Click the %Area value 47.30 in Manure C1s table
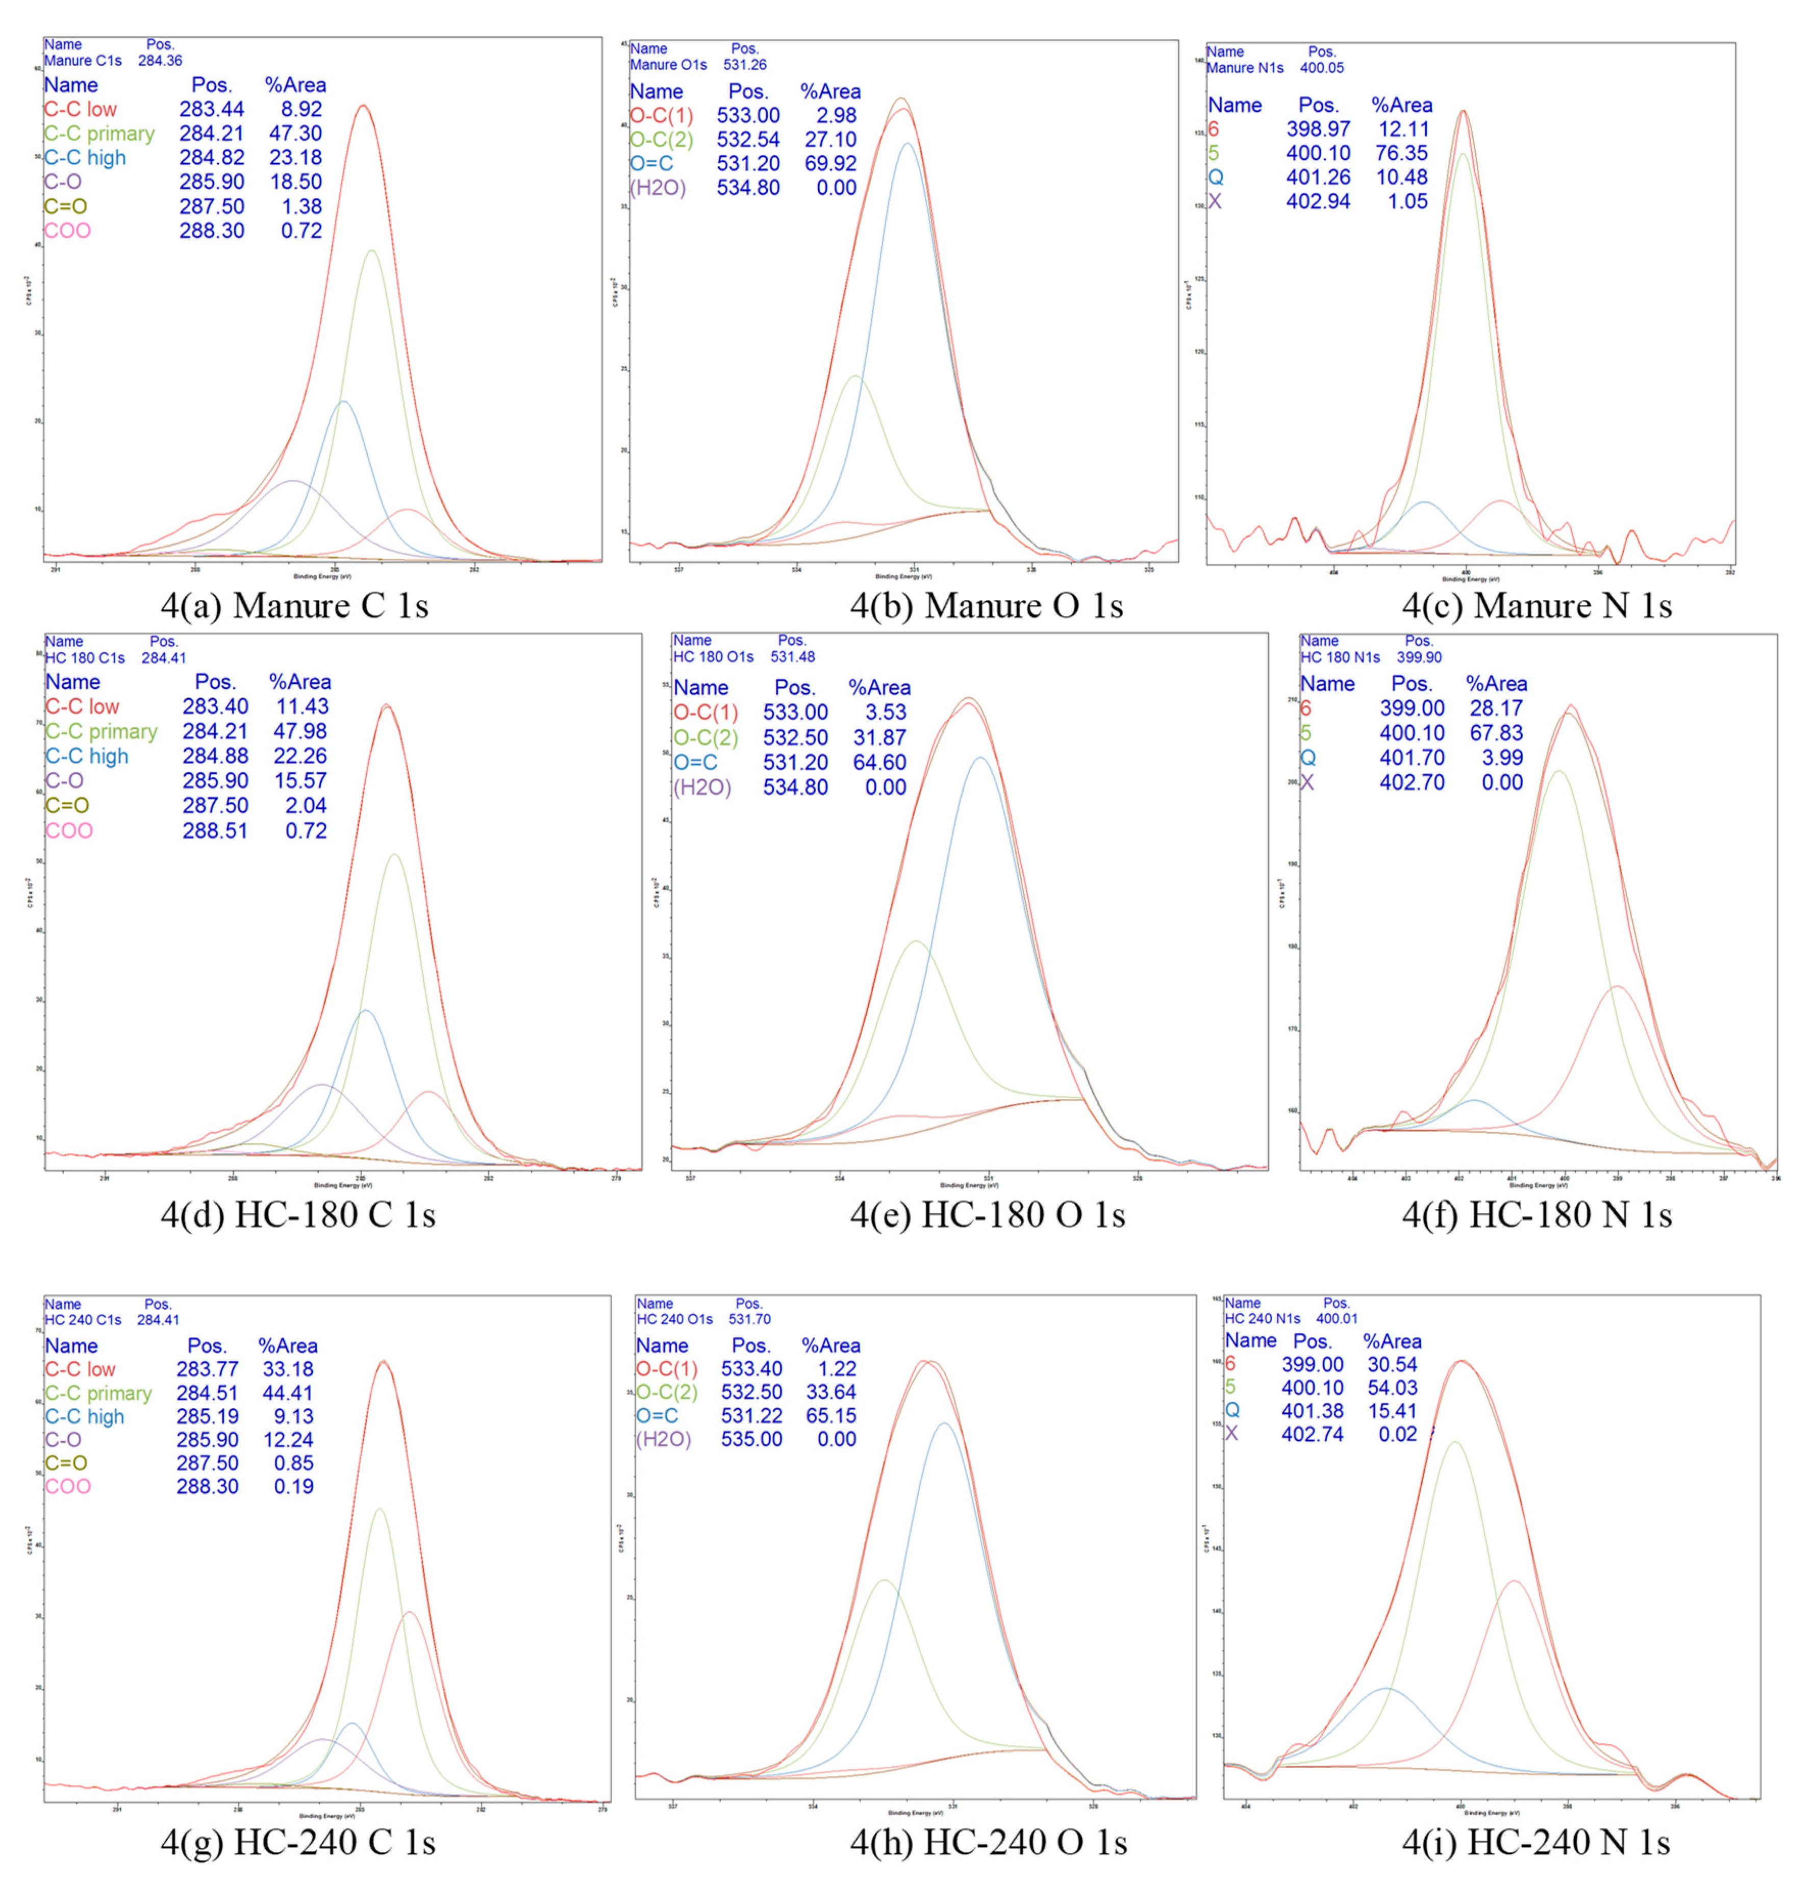295,134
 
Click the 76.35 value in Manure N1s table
1401,153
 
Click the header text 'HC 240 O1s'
674,1319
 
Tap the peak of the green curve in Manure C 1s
371,251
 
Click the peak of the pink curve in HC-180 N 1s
1617,987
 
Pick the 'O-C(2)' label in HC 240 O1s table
667,1392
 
